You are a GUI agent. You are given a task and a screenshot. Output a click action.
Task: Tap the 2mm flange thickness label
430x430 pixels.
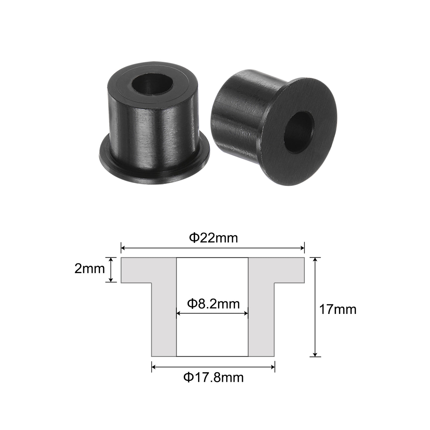coord(89,269)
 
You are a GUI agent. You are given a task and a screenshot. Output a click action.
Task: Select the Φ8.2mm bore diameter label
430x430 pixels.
coord(213,304)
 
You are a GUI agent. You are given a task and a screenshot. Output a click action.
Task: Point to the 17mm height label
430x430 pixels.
coord(338,310)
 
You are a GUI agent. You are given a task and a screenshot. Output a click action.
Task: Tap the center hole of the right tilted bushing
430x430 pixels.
coord(299,133)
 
